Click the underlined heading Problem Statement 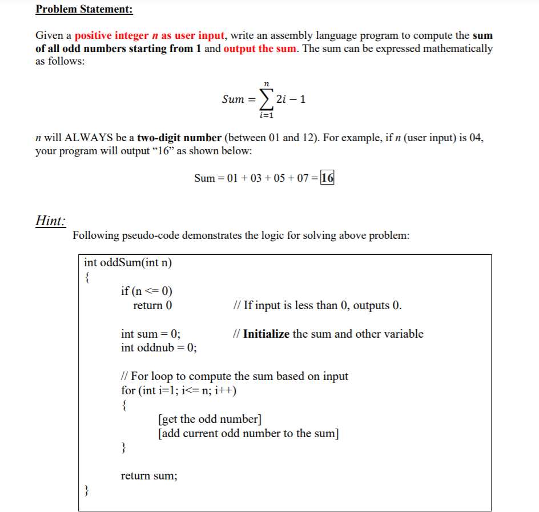[x=84, y=9]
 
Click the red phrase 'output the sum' [x=260, y=49]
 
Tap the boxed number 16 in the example [x=328, y=178]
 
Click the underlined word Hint [x=51, y=221]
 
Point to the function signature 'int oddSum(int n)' [x=128, y=263]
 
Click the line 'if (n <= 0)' [x=147, y=291]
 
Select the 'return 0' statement [x=152, y=306]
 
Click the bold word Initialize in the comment [x=266, y=334]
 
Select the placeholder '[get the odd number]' [x=210, y=419]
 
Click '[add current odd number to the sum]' [x=249, y=433]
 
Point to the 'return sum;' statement [x=150, y=476]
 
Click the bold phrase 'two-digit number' [x=179, y=138]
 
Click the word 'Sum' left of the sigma [x=233, y=99]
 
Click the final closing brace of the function [x=87, y=490]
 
